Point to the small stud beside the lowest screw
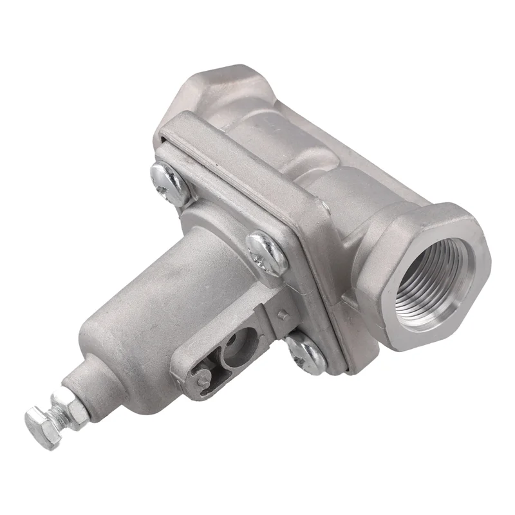tap(282, 315)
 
